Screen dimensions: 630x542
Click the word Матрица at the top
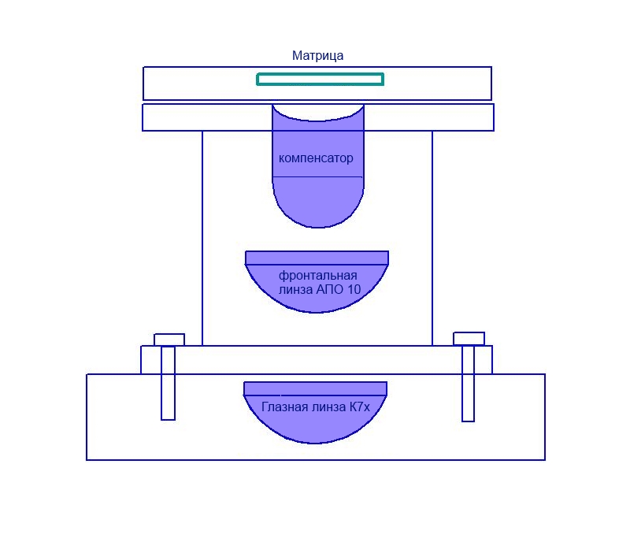coord(317,55)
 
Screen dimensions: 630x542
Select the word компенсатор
coord(316,158)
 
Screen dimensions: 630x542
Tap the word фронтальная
coord(318,276)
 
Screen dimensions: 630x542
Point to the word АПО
coord(328,289)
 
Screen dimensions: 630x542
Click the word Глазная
coord(285,407)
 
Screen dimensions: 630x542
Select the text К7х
coord(359,407)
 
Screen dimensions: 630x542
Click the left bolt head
coord(169,340)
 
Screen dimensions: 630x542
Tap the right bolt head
coord(469,339)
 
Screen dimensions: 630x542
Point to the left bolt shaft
coord(168,383)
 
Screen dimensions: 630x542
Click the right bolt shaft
coord(468,384)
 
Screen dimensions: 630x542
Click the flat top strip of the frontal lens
coord(317,258)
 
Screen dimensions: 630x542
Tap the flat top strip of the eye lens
coord(316,388)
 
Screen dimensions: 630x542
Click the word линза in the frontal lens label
coord(296,289)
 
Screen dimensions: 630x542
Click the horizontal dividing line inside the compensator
coord(317,177)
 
